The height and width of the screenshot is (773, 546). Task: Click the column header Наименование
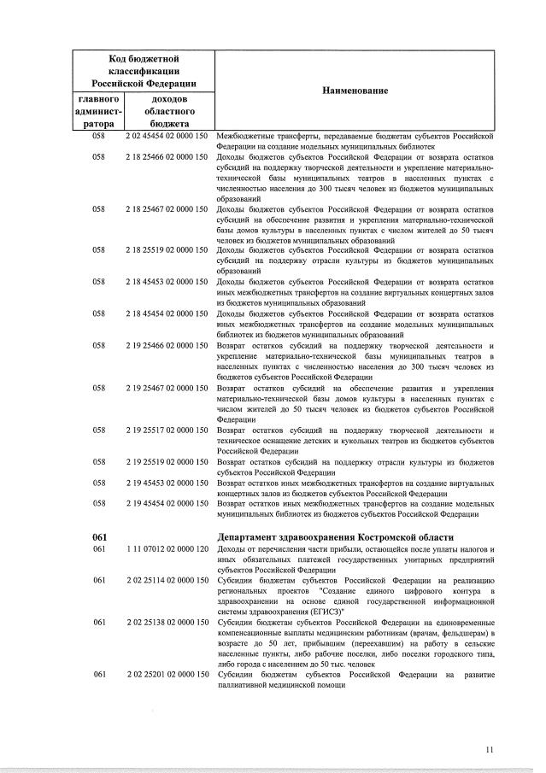[x=355, y=91]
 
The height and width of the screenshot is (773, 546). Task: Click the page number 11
[x=490, y=750]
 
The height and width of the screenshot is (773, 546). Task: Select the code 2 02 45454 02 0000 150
[x=167, y=135]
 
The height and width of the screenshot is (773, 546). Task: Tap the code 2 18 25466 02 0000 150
[x=167, y=157]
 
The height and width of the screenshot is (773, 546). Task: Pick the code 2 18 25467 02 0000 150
[x=167, y=209]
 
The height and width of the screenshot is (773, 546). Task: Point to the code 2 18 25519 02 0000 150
[x=167, y=250]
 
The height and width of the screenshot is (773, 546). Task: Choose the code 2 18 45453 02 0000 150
[x=167, y=282]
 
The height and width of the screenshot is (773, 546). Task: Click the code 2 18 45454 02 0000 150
[x=167, y=313]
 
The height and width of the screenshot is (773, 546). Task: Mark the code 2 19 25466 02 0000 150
[x=167, y=345]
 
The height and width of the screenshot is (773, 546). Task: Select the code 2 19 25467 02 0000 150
[x=167, y=388]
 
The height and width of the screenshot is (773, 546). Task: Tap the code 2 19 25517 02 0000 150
[x=167, y=430]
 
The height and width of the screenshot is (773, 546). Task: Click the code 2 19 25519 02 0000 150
[x=167, y=462]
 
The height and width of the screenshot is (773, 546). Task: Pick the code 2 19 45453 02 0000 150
[x=167, y=483]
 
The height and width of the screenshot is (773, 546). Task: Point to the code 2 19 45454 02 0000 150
[x=167, y=504]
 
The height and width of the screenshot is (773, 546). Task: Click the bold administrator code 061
[x=98, y=536]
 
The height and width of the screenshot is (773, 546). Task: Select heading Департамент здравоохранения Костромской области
[x=337, y=536]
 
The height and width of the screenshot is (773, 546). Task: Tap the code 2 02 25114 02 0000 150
[x=167, y=581]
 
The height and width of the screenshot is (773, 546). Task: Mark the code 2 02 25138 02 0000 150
[x=167, y=623]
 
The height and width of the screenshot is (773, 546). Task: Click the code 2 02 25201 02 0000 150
[x=167, y=676]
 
